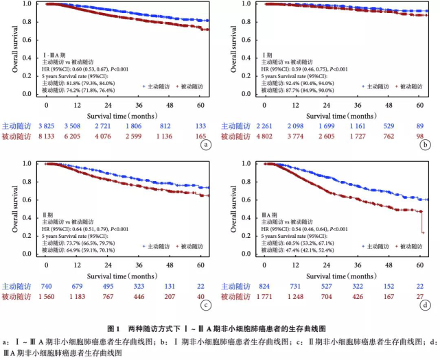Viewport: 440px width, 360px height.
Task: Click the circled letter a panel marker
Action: (x=204, y=145)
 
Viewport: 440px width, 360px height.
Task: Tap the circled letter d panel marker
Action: (x=426, y=306)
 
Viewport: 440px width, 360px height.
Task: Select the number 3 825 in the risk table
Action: (x=46, y=125)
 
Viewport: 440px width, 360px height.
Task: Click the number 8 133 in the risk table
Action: (x=46, y=137)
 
